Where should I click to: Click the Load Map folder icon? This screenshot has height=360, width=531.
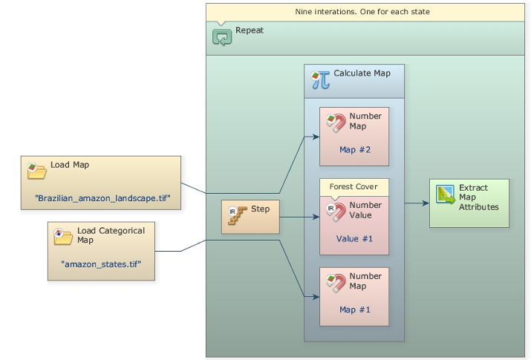coord(36,171)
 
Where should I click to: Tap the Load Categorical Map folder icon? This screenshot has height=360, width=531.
coord(63,236)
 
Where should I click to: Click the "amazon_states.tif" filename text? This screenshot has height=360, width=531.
coord(101,264)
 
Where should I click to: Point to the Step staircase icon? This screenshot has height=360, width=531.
coord(237,215)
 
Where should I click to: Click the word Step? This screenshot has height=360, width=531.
coord(260,209)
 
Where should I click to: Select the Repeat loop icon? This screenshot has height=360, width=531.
coord(222,36)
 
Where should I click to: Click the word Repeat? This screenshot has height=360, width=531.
coord(250,30)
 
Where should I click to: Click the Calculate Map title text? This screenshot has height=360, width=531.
coord(362,73)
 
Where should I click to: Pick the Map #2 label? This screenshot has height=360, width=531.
coord(354,149)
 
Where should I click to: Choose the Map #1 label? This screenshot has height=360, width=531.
coord(354,310)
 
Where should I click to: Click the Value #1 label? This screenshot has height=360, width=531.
coord(354,238)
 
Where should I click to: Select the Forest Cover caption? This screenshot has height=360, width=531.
coord(354,187)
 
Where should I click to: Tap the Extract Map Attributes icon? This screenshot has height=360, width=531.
coord(446,195)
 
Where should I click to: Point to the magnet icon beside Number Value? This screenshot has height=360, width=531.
coord(336,212)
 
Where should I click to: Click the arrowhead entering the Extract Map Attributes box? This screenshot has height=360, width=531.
coord(426,203)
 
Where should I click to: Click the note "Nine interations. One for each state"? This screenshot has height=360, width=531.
coord(368,12)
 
